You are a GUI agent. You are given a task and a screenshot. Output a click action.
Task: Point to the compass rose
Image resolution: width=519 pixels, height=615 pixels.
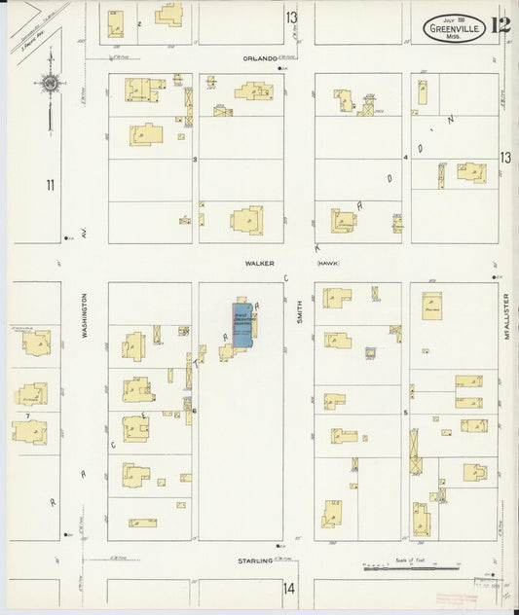click(48, 86)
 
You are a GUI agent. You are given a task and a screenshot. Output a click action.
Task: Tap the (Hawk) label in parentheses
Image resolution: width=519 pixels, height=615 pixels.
click(329, 263)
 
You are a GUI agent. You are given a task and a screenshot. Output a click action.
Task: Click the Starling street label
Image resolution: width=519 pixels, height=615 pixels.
click(255, 561)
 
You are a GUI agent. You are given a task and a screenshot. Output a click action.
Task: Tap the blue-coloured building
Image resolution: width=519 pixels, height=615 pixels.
click(241, 324)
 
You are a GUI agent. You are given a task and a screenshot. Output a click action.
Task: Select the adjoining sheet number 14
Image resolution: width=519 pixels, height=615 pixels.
click(288, 588)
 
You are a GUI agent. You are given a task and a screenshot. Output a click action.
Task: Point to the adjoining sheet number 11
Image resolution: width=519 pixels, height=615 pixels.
click(49, 184)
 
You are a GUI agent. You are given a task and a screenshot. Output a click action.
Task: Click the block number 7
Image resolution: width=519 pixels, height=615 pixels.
click(28, 416)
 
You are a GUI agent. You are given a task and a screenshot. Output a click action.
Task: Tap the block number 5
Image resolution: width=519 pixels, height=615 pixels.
click(405, 413)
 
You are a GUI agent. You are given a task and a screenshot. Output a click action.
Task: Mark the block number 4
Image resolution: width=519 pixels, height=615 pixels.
click(405, 157)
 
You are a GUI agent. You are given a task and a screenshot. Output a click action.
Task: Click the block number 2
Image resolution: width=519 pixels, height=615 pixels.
click(140, 22)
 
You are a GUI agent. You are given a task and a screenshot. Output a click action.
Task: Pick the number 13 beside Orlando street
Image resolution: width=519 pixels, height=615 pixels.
click(291, 18)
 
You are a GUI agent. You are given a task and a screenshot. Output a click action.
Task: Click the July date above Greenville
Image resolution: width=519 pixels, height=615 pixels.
click(452, 18)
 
